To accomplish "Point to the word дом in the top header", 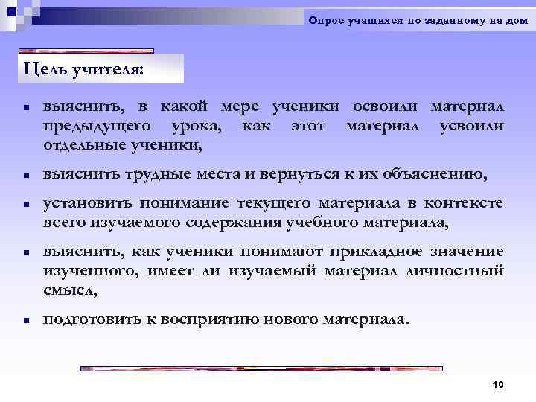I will [517, 21].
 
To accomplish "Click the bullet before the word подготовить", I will [25, 320].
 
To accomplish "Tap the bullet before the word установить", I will [25, 204].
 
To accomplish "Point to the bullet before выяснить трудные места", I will [25, 176].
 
